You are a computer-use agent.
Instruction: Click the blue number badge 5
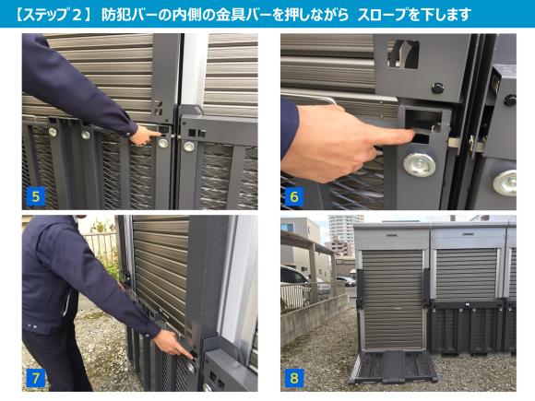[x=35, y=196]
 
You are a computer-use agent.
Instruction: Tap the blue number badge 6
[x=294, y=196]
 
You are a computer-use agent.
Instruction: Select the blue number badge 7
[x=35, y=378]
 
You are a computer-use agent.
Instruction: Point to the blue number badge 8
[x=294, y=378]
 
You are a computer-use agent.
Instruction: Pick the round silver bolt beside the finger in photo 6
[x=420, y=165]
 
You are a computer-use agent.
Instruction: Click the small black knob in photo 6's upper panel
[x=437, y=88]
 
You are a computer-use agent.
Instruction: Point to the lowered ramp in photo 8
[x=393, y=366]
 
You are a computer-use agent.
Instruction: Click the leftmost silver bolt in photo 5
[x=53, y=132]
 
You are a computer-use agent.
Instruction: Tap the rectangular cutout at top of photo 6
[x=404, y=53]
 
